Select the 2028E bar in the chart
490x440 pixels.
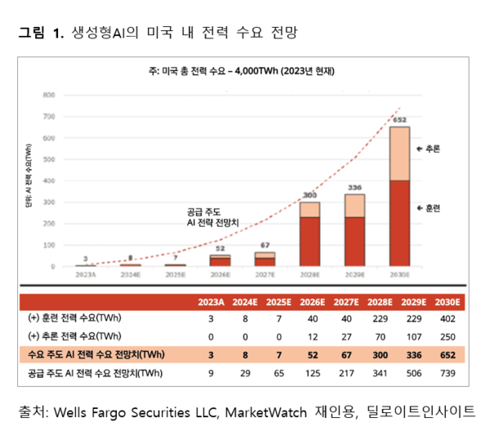tap(310, 233)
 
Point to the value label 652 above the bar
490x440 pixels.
tap(399, 120)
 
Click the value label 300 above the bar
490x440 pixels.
tap(310, 195)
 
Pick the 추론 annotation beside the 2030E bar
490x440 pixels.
tap(428, 149)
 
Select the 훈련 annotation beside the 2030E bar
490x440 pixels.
tap(428, 207)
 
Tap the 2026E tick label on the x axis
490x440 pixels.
tap(219, 275)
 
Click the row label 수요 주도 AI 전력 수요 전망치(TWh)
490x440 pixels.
tap(89, 353)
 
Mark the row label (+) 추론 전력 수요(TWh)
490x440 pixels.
tap(74, 336)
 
